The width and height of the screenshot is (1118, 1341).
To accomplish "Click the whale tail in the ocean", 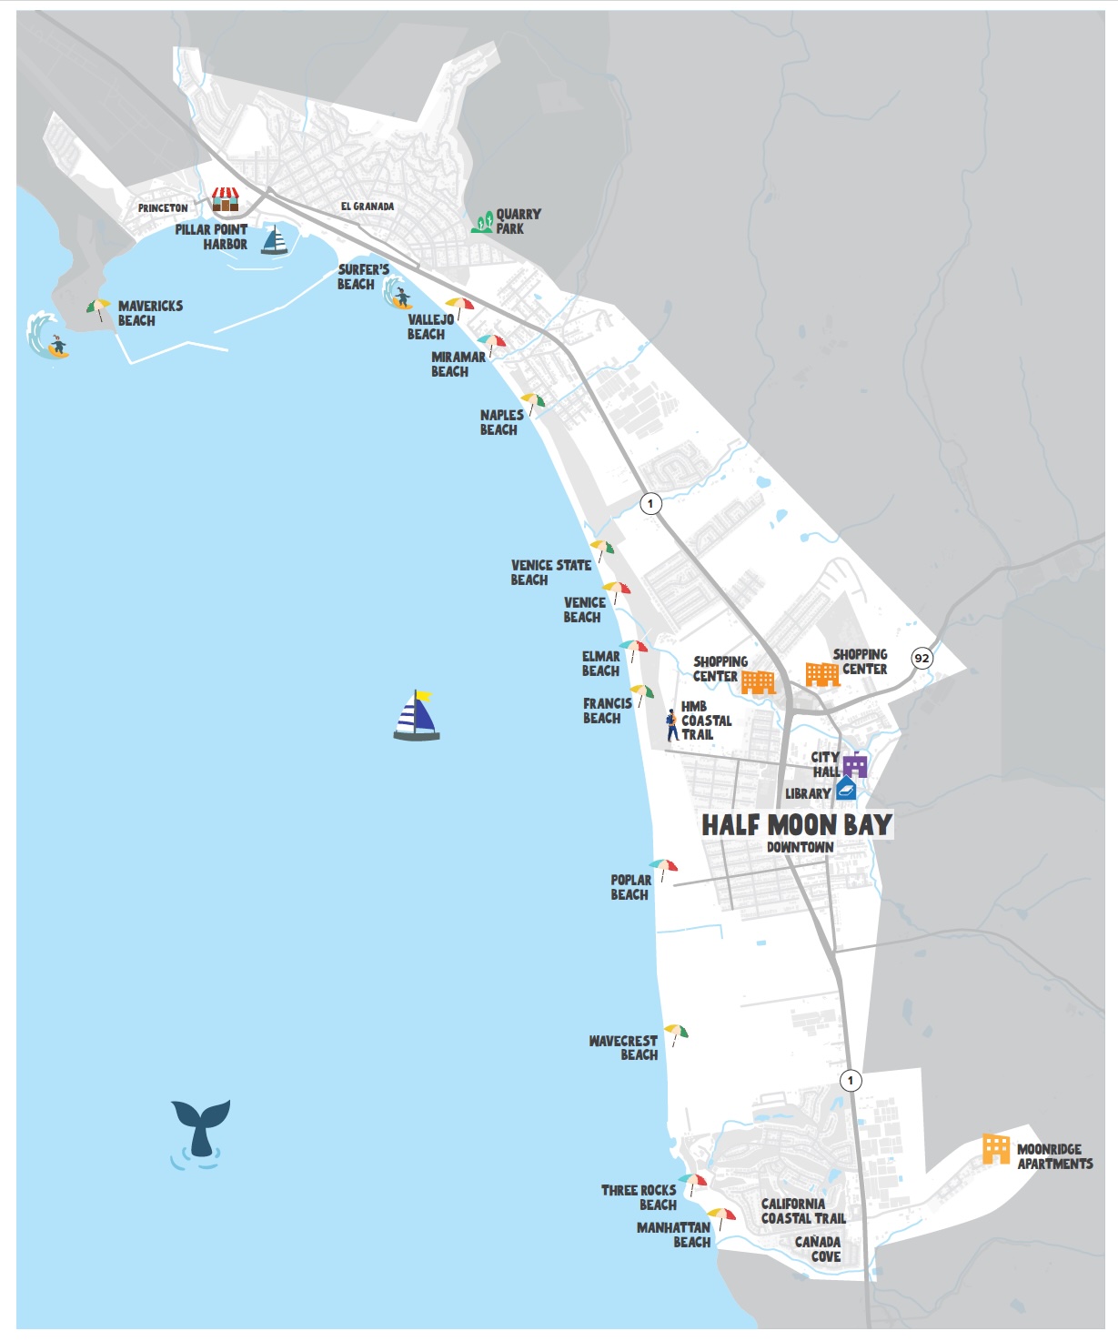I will pos(201,1126).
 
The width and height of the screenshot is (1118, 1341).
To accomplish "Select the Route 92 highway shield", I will pos(922,658).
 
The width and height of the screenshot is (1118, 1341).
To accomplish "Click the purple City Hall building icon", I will pos(854,765).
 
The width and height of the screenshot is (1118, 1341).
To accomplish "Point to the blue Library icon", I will pos(846,788).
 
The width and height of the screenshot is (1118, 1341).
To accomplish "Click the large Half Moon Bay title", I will pos(796,825).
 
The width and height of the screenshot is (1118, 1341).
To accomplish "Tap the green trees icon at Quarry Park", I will pos(482,222).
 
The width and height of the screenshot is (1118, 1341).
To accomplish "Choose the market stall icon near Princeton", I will pos(225,199).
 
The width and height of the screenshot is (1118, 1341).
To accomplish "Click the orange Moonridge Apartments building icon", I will pos(996,1149).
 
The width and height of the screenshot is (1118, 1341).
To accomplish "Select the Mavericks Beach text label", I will pos(150,313).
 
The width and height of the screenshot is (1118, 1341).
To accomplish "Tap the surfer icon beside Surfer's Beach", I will pos(398,295).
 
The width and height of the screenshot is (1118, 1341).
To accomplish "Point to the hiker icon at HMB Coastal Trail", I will pos(671,724).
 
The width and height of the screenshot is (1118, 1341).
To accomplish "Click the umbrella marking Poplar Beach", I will pos(663,868).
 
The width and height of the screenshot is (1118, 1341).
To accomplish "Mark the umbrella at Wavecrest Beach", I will pos(676,1034).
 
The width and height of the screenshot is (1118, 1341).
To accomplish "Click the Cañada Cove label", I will pos(817,1249).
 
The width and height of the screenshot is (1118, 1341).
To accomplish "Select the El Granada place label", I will pos(368,207).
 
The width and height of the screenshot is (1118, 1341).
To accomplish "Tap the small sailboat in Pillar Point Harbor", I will pos(274,240).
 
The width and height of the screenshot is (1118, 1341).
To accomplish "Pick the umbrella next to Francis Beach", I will pos(642,694).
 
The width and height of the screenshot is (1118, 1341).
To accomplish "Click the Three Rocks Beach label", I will pos(639,1197).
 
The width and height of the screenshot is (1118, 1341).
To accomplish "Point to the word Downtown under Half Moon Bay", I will pos(800,847).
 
